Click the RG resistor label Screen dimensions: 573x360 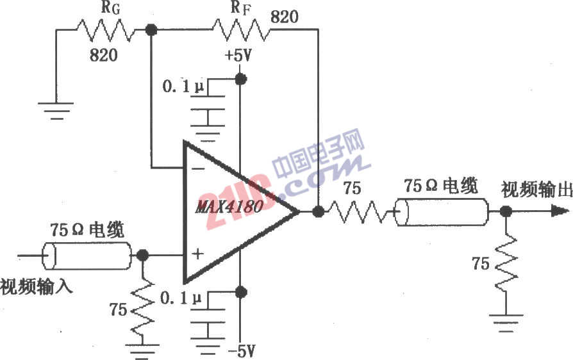tap(110, 8)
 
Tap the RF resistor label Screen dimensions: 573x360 tap(241, 8)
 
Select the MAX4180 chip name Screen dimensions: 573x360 tap(229, 207)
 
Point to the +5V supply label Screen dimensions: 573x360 tap(238, 56)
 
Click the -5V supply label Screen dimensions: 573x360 tap(242, 351)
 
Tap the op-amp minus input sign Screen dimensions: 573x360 tap(198, 168)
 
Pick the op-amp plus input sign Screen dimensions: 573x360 tap(197, 254)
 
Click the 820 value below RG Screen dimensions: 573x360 tap(104, 55)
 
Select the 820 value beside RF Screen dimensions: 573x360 tap(285, 17)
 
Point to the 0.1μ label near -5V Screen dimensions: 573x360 tap(181, 299)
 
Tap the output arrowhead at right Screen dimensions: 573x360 tap(560, 211)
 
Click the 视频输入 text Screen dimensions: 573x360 tap(36, 286)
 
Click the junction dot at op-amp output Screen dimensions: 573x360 tap(319, 211)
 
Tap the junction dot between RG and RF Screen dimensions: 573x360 tap(151, 29)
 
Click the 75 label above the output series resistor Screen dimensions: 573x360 tap(352, 188)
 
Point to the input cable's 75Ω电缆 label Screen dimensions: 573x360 tap(87, 230)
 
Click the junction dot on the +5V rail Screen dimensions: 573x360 tap(240, 79)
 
